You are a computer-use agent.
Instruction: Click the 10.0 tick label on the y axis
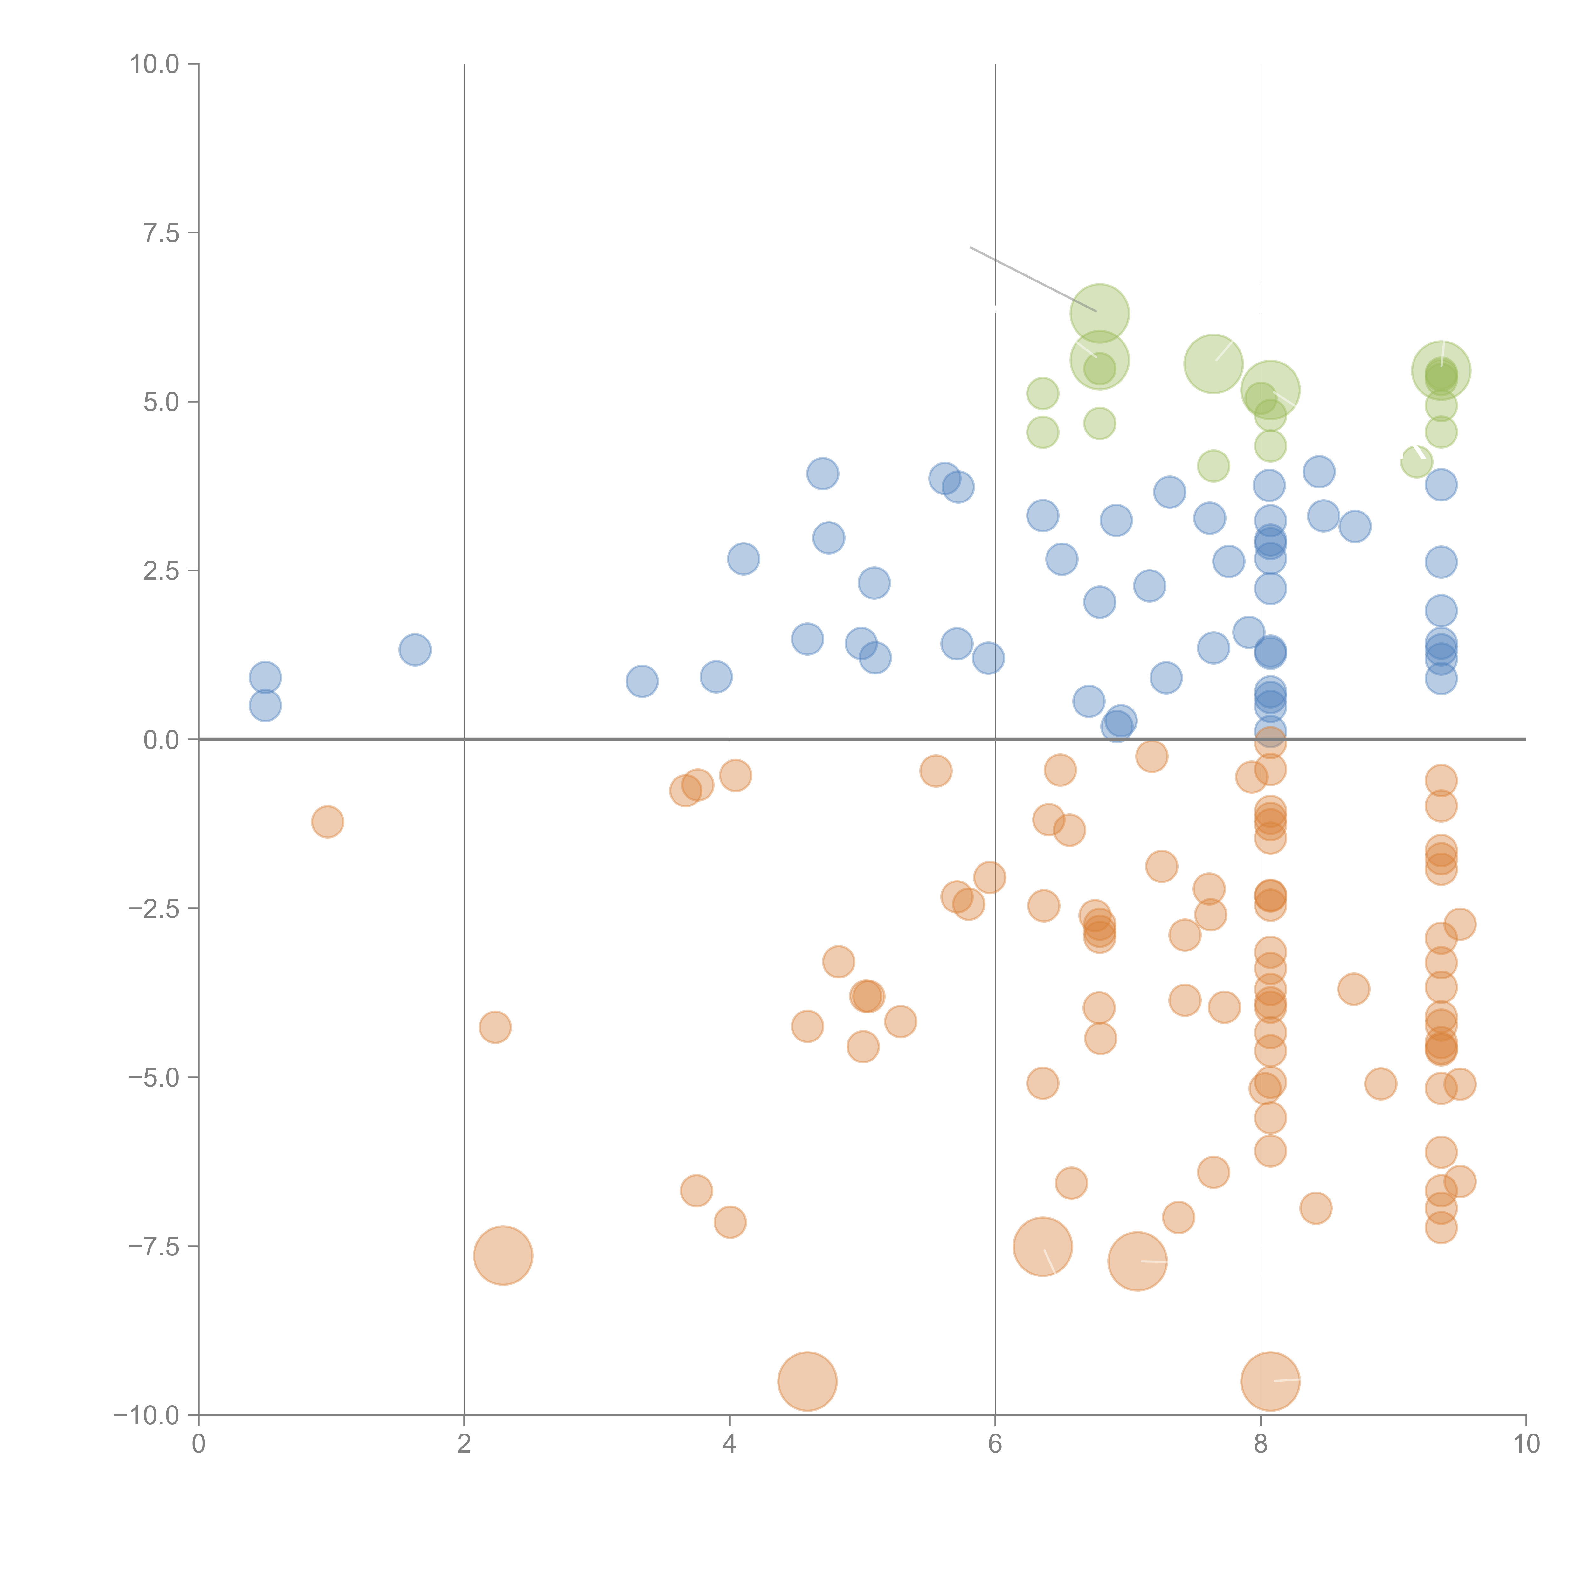pyautogui.click(x=155, y=64)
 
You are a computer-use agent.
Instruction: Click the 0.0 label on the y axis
pyautogui.click(x=161, y=740)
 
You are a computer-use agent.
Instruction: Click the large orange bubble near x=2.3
pyautogui.click(x=503, y=1255)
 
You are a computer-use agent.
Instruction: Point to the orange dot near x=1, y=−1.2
pyautogui.click(x=328, y=821)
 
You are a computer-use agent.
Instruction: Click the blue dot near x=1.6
pyautogui.click(x=415, y=649)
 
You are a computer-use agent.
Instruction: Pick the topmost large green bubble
pyautogui.click(x=1100, y=313)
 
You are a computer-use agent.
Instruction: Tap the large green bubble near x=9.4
pyautogui.click(x=1441, y=370)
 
